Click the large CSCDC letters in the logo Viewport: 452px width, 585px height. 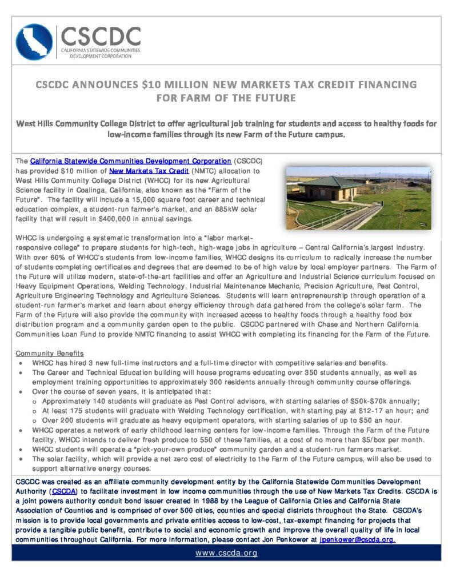pos(101,37)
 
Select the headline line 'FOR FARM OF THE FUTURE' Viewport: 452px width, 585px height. pos(226,98)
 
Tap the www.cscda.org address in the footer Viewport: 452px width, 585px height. pos(226,552)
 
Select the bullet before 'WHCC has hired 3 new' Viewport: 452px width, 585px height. pos(21,363)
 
